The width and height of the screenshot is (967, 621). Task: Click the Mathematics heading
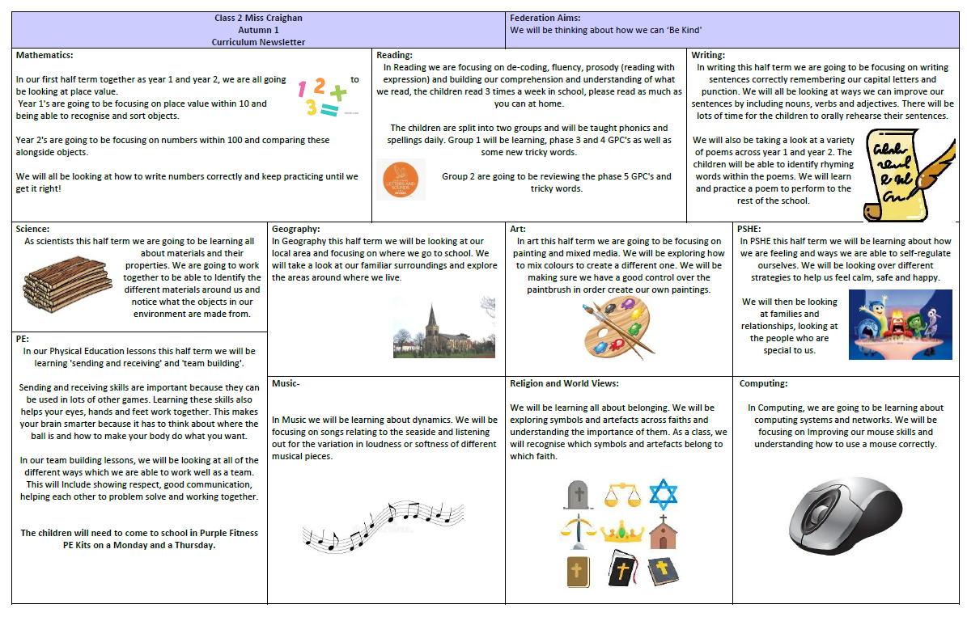45,55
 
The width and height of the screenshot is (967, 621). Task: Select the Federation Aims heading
545,17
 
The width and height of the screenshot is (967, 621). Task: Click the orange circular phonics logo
401,179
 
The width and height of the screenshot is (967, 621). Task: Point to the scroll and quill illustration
893,174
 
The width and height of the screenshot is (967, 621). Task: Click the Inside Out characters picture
900,324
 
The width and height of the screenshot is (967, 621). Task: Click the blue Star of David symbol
663,494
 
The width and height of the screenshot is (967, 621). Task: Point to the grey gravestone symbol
578,494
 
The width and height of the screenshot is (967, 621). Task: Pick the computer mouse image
849,512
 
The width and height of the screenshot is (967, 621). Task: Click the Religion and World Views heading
564,383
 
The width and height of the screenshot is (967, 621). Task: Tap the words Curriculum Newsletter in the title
258,41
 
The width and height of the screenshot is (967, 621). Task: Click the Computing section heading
763,383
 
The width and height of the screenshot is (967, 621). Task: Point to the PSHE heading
751,229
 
